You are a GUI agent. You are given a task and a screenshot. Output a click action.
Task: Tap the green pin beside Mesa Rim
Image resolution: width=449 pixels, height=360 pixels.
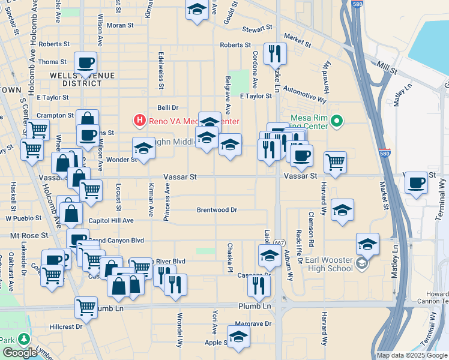(x=337, y=122)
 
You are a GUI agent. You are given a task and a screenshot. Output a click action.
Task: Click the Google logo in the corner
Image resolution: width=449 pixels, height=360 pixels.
(x=20, y=353)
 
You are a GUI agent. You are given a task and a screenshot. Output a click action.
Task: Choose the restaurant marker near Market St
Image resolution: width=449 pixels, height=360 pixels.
(x=275, y=53)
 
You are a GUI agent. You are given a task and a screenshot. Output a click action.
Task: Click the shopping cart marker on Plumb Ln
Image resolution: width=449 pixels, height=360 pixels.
(x=86, y=307)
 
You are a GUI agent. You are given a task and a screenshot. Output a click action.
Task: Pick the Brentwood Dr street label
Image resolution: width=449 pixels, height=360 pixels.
(x=217, y=210)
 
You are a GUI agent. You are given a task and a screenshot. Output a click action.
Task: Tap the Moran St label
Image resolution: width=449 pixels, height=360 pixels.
(x=120, y=25)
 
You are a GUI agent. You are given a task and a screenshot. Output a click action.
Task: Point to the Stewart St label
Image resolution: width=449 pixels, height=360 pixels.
(x=257, y=28)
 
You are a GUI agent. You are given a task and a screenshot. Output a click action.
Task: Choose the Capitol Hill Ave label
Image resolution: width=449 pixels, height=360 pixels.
(x=111, y=220)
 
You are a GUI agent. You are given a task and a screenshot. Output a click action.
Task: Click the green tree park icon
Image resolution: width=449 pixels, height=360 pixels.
(x=25, y=338)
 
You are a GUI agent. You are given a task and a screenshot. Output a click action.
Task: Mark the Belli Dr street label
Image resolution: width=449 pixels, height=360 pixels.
(x=168, y=107)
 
